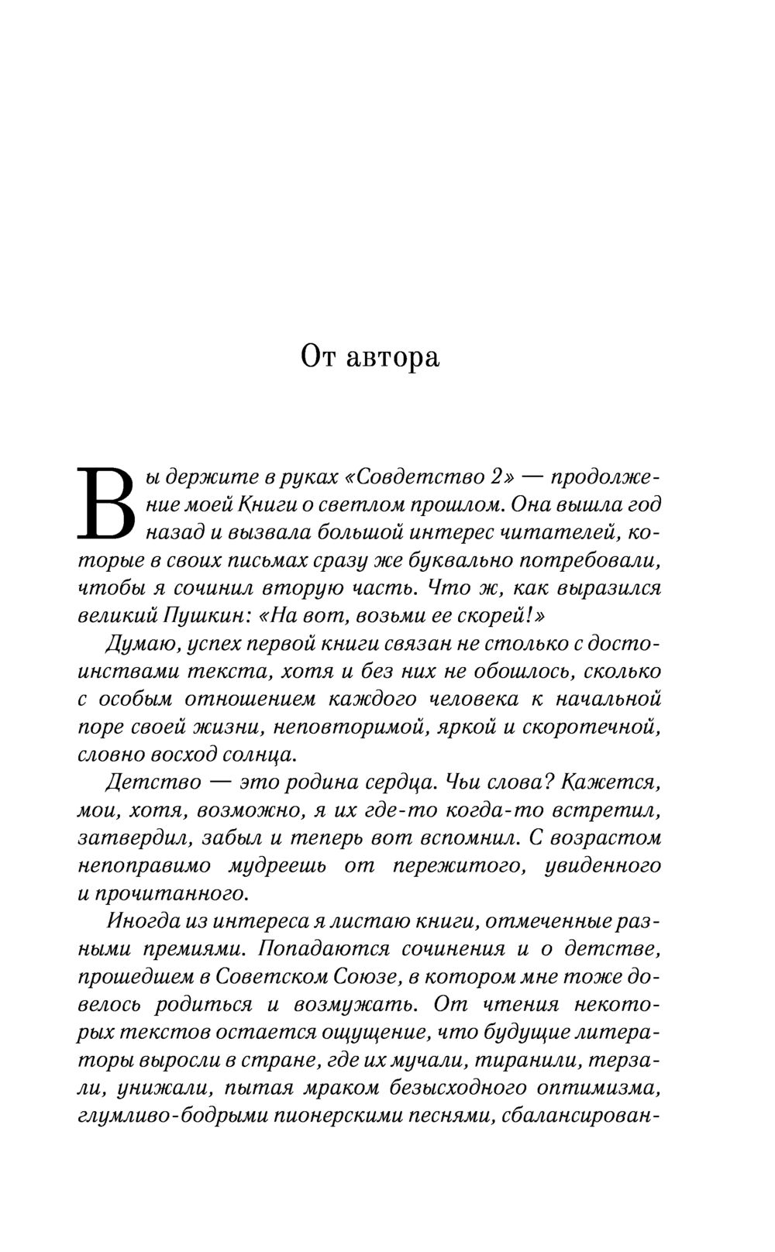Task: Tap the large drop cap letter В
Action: click(106, 504)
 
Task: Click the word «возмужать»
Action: click(356, 1004)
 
